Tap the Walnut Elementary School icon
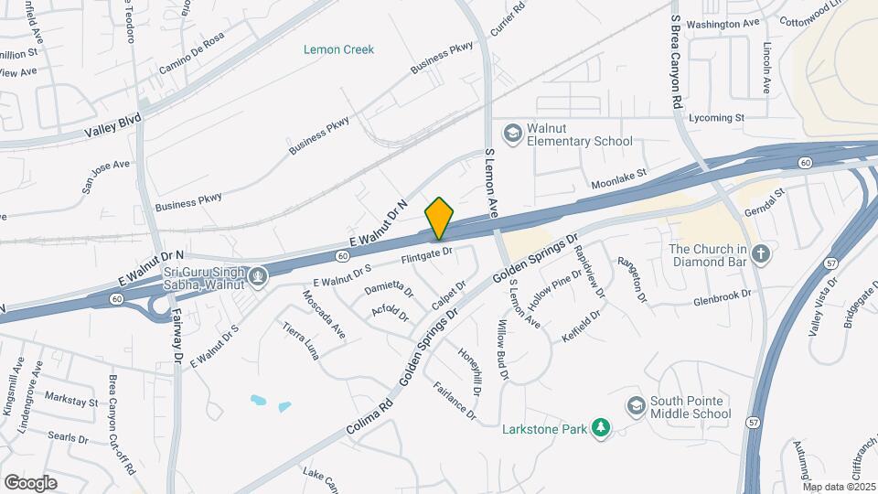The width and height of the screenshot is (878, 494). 513,133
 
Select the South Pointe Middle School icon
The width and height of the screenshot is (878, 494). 636,404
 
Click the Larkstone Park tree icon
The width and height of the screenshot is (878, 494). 600,428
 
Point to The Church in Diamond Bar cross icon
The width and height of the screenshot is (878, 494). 760,250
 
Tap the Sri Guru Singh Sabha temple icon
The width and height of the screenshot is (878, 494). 259,275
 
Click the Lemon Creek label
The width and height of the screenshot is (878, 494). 338,49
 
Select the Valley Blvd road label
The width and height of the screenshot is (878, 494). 113,124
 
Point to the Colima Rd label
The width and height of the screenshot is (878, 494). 369,413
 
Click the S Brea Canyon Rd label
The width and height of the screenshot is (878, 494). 677,60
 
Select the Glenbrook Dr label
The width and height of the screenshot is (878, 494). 722,297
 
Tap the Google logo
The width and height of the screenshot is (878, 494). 30,482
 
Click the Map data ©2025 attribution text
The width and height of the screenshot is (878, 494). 838,487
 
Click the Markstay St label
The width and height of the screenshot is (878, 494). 71,402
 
